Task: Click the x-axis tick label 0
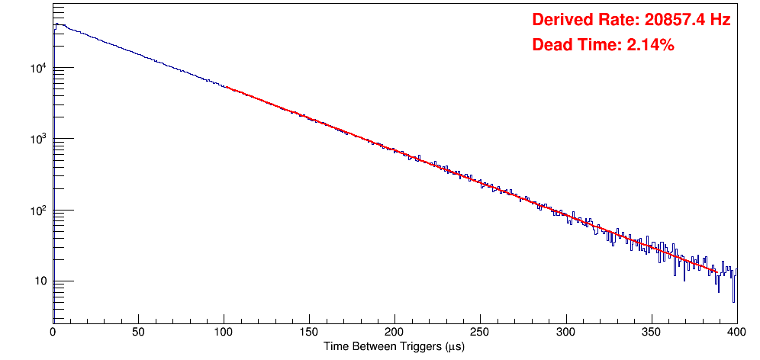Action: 53,333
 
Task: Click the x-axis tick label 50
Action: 138,333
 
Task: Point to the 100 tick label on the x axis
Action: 224,333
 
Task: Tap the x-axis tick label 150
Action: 309,333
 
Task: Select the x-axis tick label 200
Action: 394,333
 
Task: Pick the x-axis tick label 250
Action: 480,333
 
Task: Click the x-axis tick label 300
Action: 565,333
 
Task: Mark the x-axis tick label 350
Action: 651,333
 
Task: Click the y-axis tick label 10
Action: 41,281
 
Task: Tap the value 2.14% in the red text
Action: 650,46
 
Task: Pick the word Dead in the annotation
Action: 551,46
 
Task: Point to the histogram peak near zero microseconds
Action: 56,24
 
